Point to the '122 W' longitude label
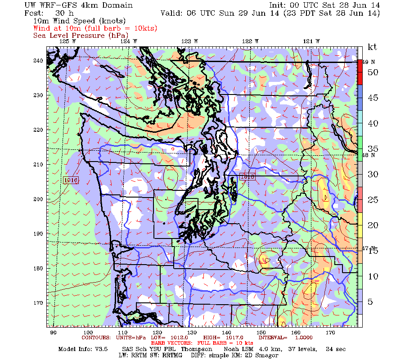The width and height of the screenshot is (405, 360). pyautogui.click(x=250, y=41)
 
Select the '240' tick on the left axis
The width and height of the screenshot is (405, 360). pyautogui.click(x=38, y=61)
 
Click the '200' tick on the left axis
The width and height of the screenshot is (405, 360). pyautogui.click(x=38, y=199)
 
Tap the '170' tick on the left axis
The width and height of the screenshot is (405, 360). pyautogui.click(x=38, y=302)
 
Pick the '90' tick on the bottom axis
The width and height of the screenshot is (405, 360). pyautogui.click(x=53, y=333)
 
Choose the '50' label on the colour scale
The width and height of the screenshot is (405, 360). pyautogui.click(x=373, y=72)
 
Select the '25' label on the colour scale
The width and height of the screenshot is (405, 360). pyautogui.click(x=373, y=199)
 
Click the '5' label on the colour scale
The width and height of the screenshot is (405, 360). pyautogui.click(x=370, y=301)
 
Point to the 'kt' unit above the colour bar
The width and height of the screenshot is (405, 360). pyautogui.click(x=372, y=47)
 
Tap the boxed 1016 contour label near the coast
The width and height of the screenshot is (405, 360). pyautogui.click(x=71, y=180)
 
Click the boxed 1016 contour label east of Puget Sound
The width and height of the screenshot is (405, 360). pyautogui.click(x=247, y=177)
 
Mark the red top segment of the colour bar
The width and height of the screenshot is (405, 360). pyautogui.click(x=360, y=72)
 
